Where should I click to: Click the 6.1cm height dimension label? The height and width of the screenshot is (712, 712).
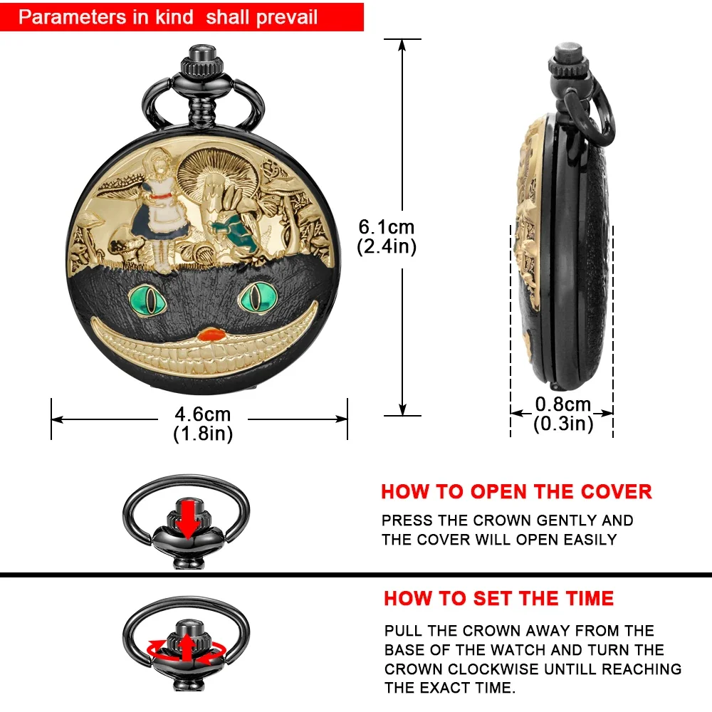(386, 227)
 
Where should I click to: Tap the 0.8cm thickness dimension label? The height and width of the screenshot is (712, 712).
(563, 405)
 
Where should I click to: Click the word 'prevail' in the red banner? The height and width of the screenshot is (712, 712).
(282, 17)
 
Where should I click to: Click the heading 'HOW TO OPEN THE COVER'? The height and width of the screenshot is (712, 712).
(516, 492)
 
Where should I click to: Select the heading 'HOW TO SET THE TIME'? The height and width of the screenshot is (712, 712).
(498, 598)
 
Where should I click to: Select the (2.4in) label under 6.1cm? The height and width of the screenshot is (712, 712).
(386, 246)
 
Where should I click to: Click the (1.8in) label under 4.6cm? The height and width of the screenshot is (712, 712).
(203, 434)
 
